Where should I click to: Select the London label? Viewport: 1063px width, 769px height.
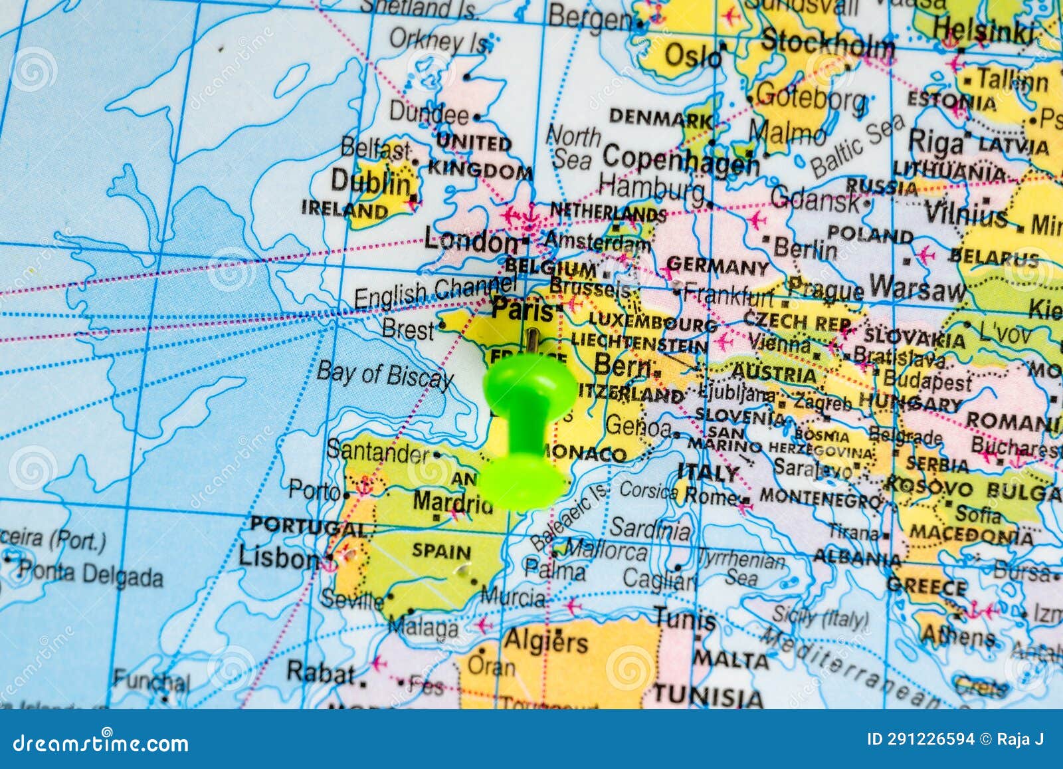pyautogui.click(x=471, y=241)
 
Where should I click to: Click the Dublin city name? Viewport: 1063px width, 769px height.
pyautogui.click(x=371, y=181)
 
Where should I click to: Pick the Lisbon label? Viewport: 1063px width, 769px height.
pyautogui.click(x=278, y=557)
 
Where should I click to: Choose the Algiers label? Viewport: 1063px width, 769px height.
pyautogui.click(x=546, y=641)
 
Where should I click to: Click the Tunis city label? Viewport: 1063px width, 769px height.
pyautogui.click(x=685, y=619)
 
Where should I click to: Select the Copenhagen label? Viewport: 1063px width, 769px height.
pyautogui.click(x=680, y=160)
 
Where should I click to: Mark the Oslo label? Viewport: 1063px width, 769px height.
pyautogui.click(x=693, y=56)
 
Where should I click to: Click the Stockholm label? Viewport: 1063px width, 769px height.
pyautogui.click(x=827, y=44)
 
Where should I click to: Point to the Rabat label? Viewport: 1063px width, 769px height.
pyautogui.click(x=321, y=673)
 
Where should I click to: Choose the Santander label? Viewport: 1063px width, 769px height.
pyautogui.click(x=378, y=452)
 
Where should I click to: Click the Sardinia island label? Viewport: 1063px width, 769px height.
pyautogui.click(x=650, y=528)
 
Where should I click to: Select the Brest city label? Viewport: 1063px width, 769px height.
pyautogui.click(x=408, y=329)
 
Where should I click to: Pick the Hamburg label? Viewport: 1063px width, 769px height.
pyautogui.click(x=651, y=188)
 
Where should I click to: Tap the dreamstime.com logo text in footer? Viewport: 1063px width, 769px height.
pyautogui.click(x=100, y=742)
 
